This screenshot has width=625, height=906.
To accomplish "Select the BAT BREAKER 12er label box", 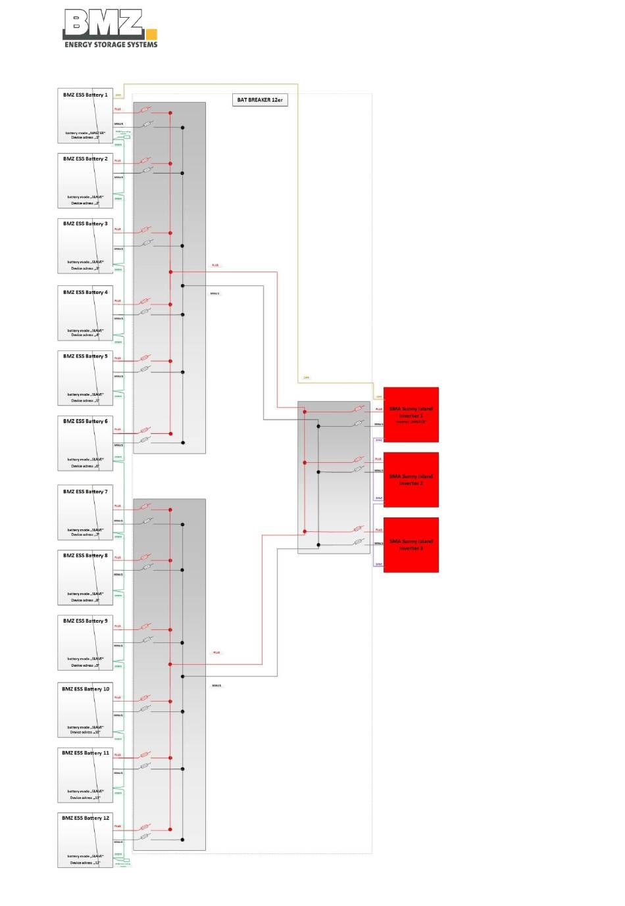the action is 260,100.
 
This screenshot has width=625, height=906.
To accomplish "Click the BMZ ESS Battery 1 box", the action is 86,116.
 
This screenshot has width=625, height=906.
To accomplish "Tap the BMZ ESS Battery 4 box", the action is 86,313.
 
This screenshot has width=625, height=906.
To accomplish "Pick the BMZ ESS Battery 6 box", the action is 86,442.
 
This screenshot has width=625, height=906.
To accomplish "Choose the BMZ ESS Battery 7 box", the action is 86,513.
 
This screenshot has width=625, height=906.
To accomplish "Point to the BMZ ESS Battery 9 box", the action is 86,642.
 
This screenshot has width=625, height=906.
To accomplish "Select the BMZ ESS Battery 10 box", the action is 86,710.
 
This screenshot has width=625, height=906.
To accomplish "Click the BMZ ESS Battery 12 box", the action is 86,840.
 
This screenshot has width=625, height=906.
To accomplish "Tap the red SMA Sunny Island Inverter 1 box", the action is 411,414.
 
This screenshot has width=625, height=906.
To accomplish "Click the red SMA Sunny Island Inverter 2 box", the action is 411,479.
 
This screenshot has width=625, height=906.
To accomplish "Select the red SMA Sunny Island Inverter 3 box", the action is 411,544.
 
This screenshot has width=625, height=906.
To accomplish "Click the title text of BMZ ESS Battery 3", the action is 86,224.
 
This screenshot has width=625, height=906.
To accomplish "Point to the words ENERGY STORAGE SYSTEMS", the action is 111,45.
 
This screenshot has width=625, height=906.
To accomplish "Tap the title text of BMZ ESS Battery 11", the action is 86,753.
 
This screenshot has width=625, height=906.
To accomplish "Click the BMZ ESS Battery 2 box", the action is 86,181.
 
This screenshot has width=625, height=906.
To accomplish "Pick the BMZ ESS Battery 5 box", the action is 86,377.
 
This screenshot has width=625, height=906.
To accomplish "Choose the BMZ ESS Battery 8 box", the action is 86,577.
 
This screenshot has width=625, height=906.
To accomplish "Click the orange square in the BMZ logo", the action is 151,34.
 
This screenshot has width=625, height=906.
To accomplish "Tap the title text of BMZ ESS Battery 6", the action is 86,421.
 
